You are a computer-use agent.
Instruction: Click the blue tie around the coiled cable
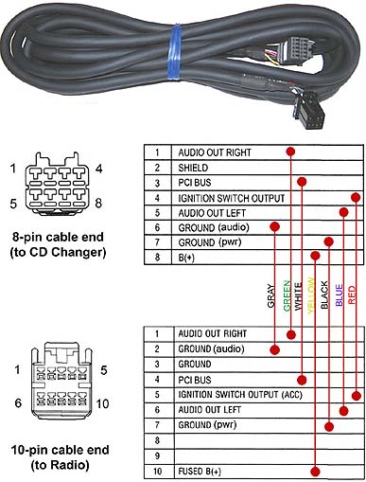point(174,50)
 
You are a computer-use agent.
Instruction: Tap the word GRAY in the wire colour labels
point(270,295)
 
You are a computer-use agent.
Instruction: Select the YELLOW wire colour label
point(311,295)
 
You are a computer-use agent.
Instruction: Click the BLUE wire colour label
point(339,295)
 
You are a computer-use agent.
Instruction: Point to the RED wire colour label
point(352,295)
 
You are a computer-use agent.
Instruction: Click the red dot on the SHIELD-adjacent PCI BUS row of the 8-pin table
point(302,182)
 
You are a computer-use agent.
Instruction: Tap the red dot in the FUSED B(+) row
point(315,472)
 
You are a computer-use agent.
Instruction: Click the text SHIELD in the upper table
point(193,168)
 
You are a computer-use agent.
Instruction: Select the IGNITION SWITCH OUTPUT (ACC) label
point(240,395)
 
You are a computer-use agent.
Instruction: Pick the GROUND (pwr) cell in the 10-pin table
point(207,425)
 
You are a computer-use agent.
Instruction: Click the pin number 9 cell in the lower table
point(158,455)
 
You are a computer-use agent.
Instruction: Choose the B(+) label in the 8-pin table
point(186,258)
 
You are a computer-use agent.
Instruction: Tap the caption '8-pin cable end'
point(58,237)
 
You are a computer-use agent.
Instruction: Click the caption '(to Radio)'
point(60,465)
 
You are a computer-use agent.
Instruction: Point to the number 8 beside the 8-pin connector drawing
point(98,203)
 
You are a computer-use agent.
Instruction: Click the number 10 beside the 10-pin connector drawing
point(102,403)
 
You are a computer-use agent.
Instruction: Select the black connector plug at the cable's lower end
point(309,111)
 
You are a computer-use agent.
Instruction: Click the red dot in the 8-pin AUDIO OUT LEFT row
point(343,212)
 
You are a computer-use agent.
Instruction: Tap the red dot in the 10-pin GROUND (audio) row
point(275,349)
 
